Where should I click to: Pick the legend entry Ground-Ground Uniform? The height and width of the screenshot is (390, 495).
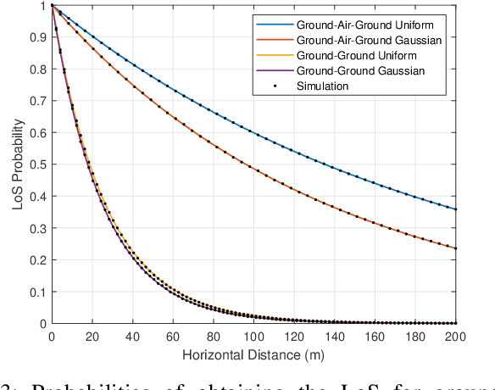(357, 57)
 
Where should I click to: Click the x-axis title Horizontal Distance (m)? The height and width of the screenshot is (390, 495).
(254, 352)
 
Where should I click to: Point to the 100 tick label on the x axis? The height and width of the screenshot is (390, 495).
(254, 336)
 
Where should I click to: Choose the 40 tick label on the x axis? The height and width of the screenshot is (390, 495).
(133, 336)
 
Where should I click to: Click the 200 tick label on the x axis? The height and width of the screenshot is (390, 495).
(456, 336)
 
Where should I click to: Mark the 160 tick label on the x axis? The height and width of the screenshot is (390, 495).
(375, 336)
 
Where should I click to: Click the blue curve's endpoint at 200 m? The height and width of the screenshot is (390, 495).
(456, 209)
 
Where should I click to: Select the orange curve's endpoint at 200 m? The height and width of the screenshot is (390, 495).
(456, 248)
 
